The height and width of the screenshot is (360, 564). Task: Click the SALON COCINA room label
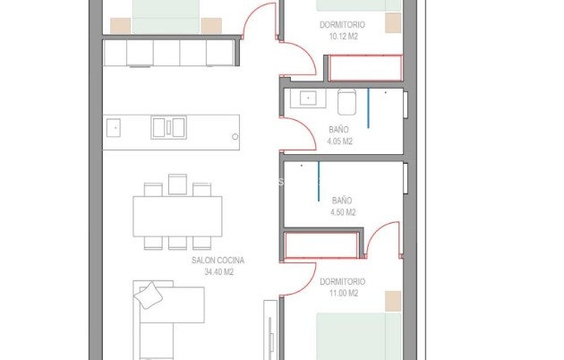click(218, 260)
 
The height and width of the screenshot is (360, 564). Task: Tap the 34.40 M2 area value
click(219, 272)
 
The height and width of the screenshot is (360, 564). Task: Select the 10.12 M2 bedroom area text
click(343, 37)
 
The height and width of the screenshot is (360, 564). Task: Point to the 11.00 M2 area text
click(344, 293)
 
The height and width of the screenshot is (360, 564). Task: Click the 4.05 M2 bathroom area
click(339, 141)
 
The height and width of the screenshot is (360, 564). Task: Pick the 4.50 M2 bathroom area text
click(343, 212)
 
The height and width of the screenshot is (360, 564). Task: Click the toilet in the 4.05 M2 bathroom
click(346, 102)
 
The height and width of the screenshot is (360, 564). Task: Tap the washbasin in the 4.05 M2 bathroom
click(308, 98)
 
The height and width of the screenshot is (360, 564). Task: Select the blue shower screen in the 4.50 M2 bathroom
click(319, 181)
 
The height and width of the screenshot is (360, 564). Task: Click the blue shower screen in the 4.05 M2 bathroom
click(368, 107)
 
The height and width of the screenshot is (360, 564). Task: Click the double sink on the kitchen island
click(168, 127)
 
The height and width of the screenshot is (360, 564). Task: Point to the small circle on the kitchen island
click(235, 137)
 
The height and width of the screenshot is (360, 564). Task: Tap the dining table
click(177, 216)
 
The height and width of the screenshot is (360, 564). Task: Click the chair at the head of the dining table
click(177, 184)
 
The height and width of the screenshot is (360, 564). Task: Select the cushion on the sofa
click(148, 296)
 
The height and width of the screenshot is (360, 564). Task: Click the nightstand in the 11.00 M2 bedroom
click(393, 301)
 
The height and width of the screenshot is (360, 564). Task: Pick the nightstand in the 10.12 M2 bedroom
click(393, 23)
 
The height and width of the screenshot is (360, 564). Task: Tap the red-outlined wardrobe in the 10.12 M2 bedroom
click(365, 68)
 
